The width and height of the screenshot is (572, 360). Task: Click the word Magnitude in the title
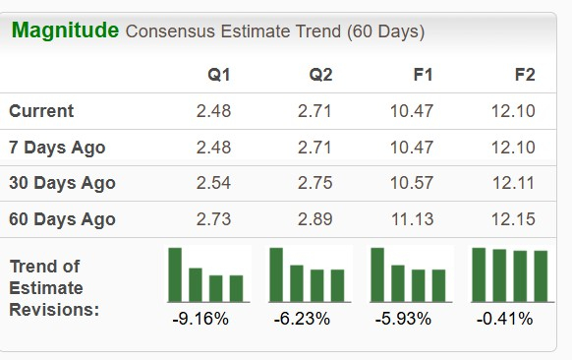[65, 30]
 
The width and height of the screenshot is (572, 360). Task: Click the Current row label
[41, 111]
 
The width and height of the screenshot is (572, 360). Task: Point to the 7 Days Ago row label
[57, 148]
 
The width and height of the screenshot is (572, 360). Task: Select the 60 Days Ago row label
[62, 219]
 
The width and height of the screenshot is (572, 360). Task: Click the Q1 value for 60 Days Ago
[214, 219]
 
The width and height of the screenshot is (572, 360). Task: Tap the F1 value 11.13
[412, 219]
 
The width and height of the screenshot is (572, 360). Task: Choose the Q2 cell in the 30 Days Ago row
[315, 183]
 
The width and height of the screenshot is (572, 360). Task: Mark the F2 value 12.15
[513, 219]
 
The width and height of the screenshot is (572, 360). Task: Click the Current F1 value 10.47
[412, 111]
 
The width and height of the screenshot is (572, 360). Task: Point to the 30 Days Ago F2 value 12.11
[513, 183]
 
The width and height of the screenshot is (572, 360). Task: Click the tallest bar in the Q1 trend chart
[175, 274]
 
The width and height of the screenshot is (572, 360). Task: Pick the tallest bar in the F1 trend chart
[376, 274]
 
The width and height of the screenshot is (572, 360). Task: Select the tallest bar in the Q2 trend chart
[276, 274]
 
